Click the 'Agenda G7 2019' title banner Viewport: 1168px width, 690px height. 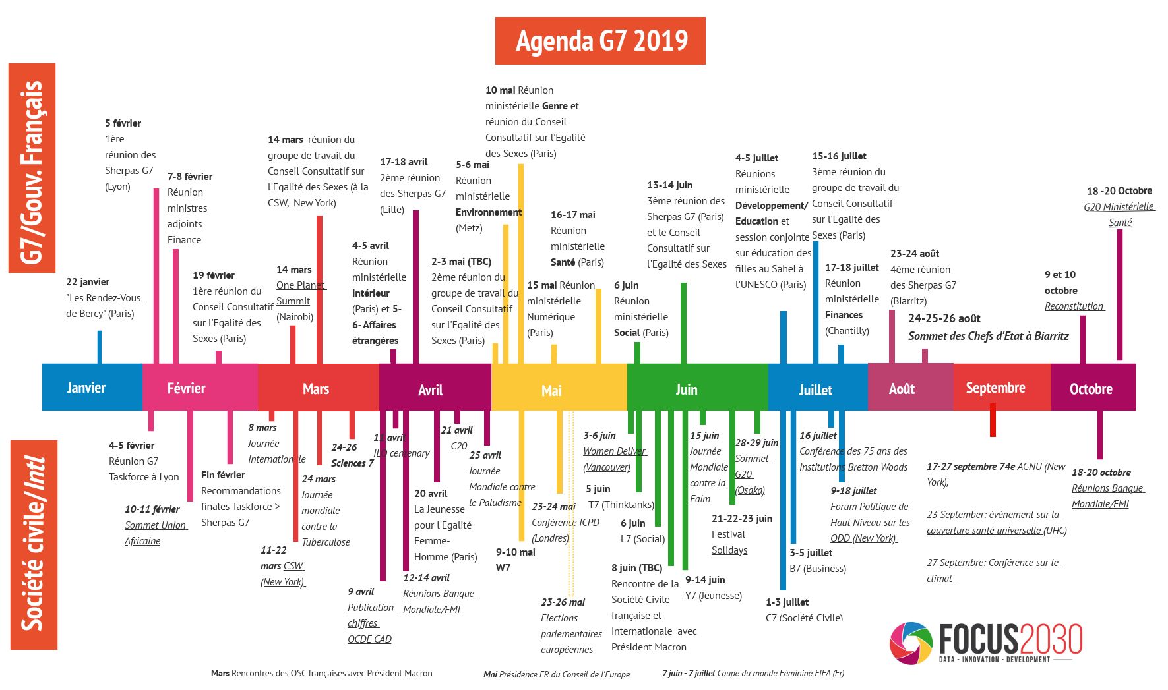(x=600, y=41)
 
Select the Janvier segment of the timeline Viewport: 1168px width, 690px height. (x=86, y=388)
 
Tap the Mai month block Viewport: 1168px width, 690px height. (x=551, y=390)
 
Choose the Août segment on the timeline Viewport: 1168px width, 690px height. (x=902, y=389)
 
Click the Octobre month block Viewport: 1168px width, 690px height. (x=1091, y=389)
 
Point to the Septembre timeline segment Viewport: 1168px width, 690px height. (x=995, y=388)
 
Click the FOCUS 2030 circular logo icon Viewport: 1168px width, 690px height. (x=911, y=643)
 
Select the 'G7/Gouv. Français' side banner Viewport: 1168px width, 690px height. (x=32, y=168)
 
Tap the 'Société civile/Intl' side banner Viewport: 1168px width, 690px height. (x=34, y=544)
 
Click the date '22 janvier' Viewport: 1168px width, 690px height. (x=88, y=282)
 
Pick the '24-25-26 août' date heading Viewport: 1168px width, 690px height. (x=944, y=319)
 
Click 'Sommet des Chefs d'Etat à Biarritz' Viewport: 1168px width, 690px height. (x=988, y=336)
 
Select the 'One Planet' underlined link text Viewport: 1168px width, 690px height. (x=301, y=285)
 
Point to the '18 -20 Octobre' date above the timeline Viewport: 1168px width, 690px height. (x=1119, y=191)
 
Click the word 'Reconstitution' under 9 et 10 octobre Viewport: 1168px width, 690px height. (x=1074, y=306)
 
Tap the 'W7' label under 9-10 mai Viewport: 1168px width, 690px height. (x=503, y=567)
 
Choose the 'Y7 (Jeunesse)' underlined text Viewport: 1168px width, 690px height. (x=713, y=596)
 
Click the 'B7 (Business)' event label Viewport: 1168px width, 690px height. (x=818, y=569)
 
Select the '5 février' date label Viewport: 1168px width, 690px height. (x=123, y=123)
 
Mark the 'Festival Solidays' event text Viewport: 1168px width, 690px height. (x=729, y=542)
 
